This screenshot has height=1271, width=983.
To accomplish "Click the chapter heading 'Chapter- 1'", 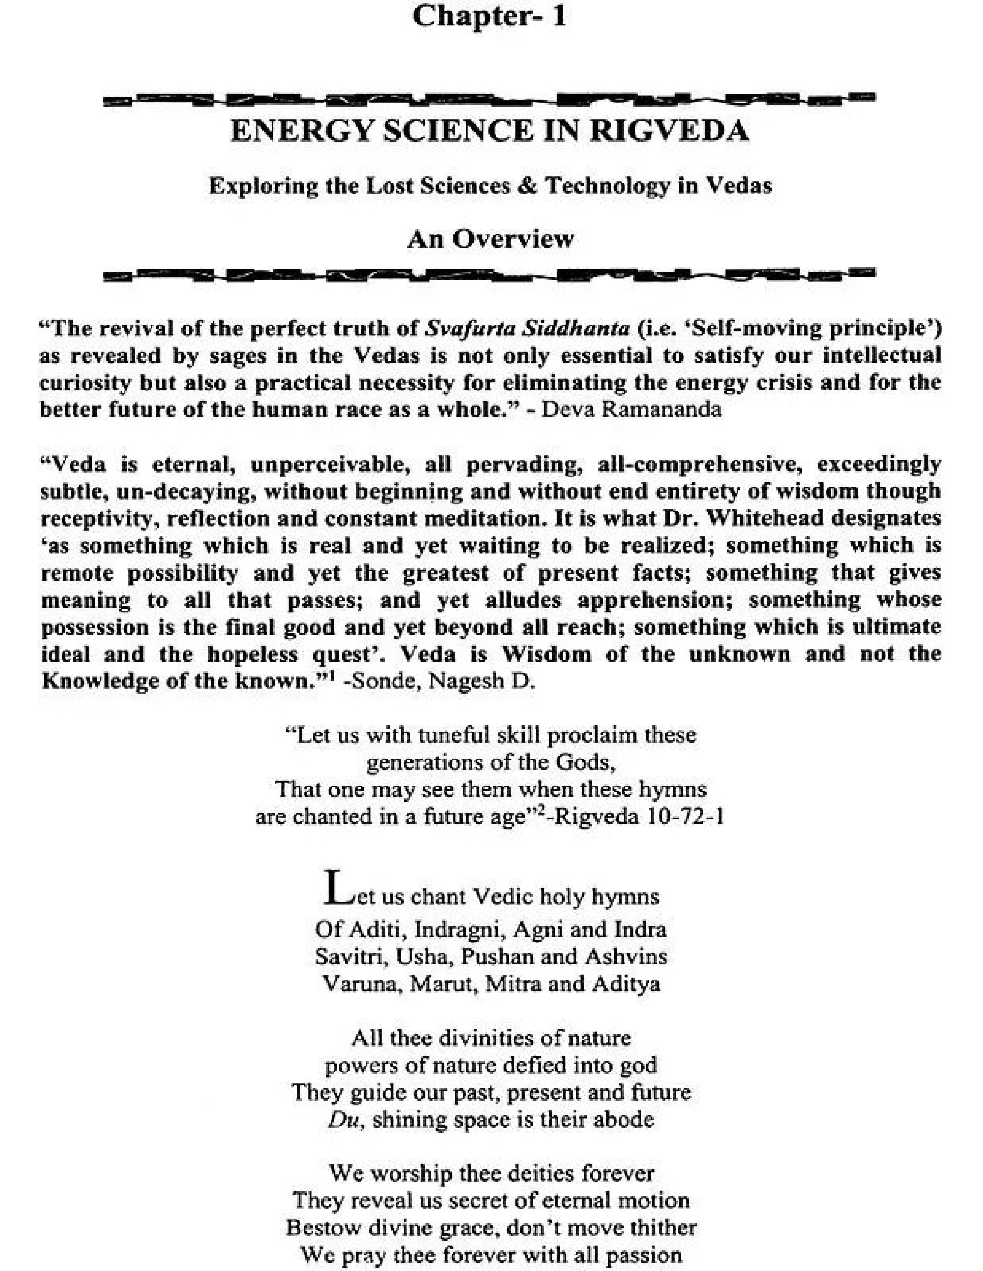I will tap(489, 16).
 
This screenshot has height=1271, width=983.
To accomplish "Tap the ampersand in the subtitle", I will tap(523, 186).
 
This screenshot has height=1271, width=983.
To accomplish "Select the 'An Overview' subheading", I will tap(490, 239).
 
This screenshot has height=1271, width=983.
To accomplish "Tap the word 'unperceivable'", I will tap(329, 464).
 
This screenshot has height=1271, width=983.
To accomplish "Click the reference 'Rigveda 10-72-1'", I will tap(639, 817).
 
